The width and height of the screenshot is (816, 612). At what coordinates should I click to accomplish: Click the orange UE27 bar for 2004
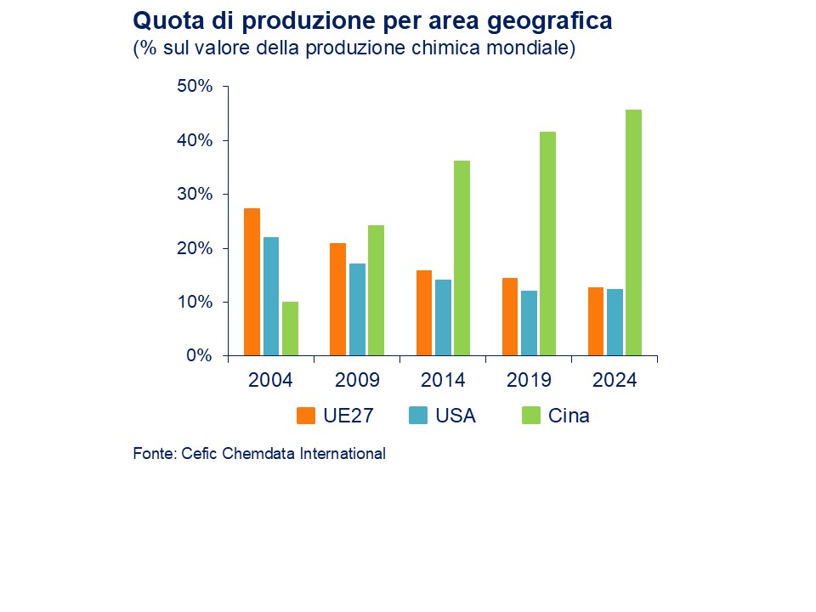click(252, 281)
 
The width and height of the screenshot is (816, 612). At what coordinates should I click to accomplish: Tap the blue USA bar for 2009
click(357, 309)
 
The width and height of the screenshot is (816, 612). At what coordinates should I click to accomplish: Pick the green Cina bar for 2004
click(291, 328)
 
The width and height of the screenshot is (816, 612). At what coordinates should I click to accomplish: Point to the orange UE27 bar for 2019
click(510, 316)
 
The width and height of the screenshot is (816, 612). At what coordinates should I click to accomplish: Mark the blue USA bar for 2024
click(614, 322)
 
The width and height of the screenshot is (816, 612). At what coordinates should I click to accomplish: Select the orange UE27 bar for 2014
click(424, 313)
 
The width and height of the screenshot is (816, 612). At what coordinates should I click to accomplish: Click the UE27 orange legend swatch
click(306, 416)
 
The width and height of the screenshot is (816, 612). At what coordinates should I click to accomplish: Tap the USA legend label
click(456, 416)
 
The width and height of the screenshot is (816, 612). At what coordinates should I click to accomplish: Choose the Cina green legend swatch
click(530, 416)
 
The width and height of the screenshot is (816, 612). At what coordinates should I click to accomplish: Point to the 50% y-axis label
click(194, 87)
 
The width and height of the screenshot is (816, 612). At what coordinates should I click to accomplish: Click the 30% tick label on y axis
click(194, 195)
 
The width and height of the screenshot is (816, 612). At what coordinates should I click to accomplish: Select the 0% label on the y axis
click(199, 356)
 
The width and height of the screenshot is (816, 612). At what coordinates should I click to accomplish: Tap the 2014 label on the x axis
click(443, 380)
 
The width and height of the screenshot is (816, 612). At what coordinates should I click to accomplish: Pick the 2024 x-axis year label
click(615, 380)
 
